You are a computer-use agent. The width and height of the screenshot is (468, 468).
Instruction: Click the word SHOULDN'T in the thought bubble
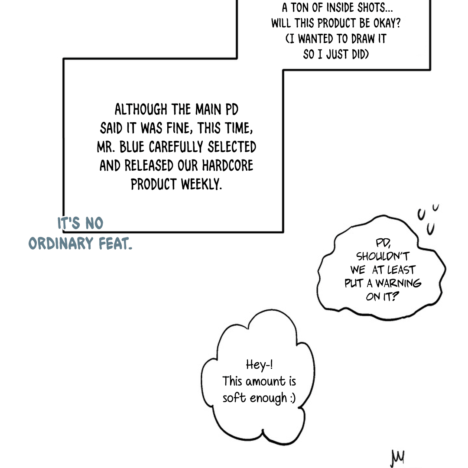click(383, 257)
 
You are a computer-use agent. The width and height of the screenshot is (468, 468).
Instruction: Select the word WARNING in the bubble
click(398, 284)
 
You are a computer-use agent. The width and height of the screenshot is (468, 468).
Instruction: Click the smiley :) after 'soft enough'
click(292, 397)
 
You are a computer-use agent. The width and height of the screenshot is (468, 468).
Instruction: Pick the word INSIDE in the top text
click(336, 8)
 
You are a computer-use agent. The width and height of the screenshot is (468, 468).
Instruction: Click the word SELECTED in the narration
click(232, 147)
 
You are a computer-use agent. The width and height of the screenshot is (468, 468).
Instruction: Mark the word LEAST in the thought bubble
click(401, 270)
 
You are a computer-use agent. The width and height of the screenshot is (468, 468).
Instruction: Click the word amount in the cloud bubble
click(265, 381)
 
